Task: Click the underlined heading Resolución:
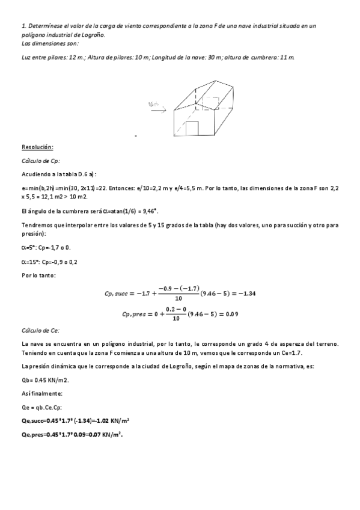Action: pos(38,147)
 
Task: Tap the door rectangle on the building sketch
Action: pos(192,129)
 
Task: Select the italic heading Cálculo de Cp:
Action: pos(41,161)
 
